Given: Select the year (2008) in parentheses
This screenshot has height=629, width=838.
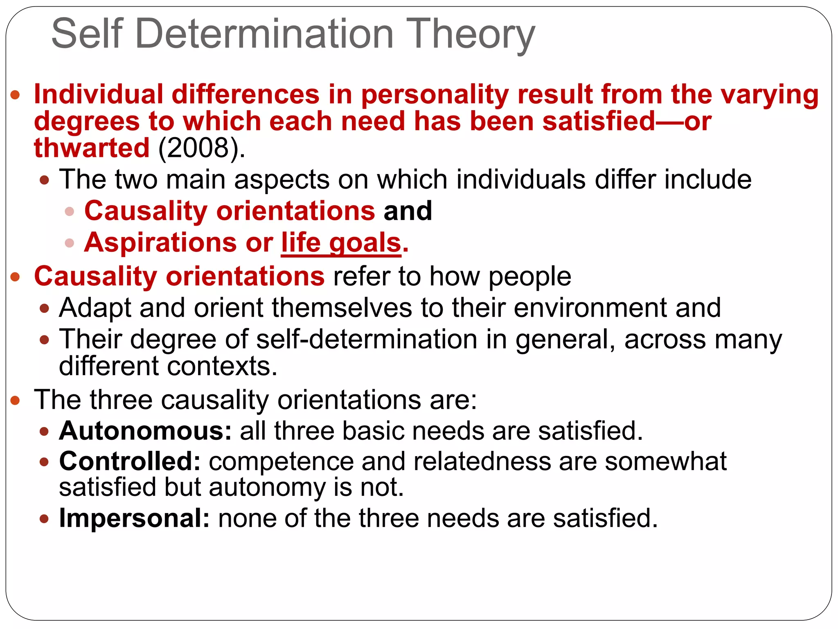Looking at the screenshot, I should pyautogui.click(x=202, y=148).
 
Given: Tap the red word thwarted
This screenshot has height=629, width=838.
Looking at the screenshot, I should pyautogui.click(x=92, y=148).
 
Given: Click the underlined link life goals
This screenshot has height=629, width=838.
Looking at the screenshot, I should pyautogui.click(x=341, y=243).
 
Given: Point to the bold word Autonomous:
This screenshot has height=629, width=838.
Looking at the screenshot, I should pyautogui.click(x=146, y=431).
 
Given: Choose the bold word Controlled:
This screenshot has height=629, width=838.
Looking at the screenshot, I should pyautogui.click(x=130, y=461).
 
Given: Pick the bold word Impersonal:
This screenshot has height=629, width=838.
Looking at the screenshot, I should pyautogui.click(x=135, y=518).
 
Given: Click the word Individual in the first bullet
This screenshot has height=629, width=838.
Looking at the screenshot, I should pyautogui.click(x=99, y=95).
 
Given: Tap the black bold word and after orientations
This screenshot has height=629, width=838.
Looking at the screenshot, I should pyautogui.click(x=408, y=211).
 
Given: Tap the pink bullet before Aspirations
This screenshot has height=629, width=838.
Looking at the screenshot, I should pyautogui.click(x=70, y=243).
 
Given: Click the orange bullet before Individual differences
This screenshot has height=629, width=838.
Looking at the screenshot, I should pyautogui.click(x=15, y=95).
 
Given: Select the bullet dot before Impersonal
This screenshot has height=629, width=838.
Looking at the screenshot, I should pyautogui.click(x=44, y=519).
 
